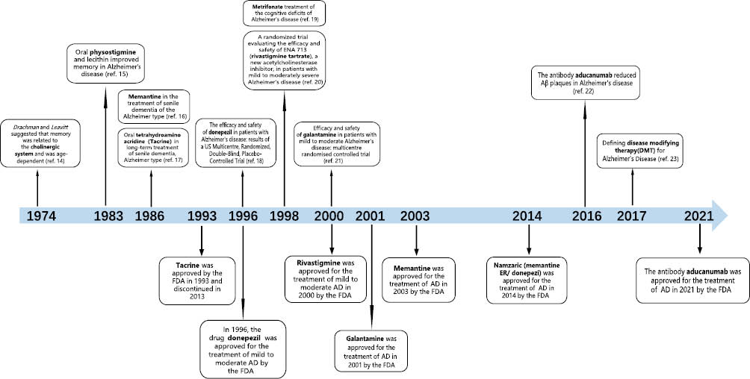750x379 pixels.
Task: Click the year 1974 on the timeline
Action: [41, 216]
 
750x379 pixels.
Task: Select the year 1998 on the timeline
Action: [285, 216]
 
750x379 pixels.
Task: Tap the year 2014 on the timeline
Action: [527, 216]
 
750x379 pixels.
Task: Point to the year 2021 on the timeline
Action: [699, 216]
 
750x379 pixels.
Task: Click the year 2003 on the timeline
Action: [415, 216]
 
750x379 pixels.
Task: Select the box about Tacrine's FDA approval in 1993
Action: [197, 281]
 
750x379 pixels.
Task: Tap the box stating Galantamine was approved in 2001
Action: [371, 351]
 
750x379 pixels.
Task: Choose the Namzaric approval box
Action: [527, 281]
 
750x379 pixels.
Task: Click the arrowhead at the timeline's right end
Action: [720, 216]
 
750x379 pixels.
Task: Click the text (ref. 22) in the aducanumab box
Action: [586, 91]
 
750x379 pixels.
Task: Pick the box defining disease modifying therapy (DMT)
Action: [633, 151]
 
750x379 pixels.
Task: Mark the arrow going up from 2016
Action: [585, 154]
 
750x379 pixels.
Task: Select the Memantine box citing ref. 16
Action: [154, 107]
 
